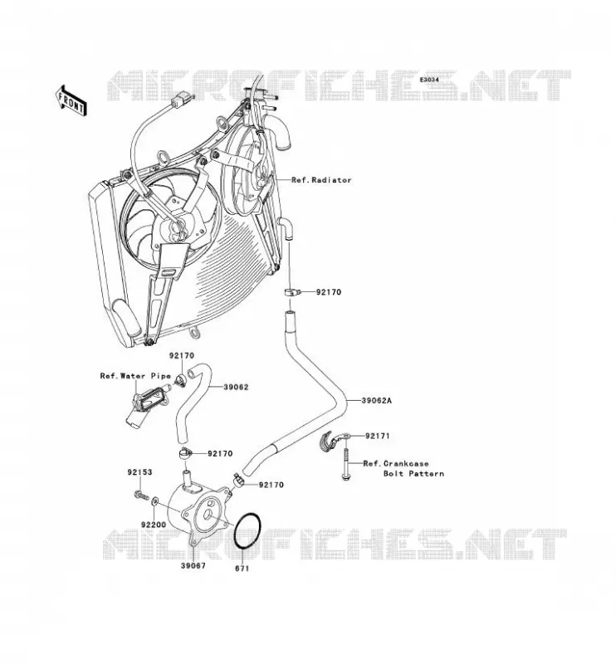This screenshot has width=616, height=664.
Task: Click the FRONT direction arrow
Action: click(71, 100)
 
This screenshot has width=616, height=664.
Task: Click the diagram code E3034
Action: click(429, 79)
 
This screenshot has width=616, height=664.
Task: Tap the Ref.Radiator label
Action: click(321, 180)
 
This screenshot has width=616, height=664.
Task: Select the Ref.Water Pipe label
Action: click(135, 376)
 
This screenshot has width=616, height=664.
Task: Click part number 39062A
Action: click(377, 400)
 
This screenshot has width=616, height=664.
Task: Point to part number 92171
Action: click(377, 436)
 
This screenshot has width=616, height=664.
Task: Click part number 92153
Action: click(139, 471)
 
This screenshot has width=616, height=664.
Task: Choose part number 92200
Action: click(154, 525)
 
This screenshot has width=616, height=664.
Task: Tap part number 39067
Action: click(193, 565)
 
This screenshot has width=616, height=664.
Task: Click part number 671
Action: click(242, 569)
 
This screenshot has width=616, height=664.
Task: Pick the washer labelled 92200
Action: click(154, 502)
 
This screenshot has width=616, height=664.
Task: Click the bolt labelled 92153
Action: click(140, 494)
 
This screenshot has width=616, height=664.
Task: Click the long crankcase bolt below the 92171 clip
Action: click(345, 465)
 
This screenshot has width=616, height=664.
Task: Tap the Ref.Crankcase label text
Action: click(396, 463)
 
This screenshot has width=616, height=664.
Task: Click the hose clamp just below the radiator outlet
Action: click(292, 292)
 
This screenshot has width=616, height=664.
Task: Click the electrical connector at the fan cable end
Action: click(180, 100)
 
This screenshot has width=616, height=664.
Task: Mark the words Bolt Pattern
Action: click(414, 473)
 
